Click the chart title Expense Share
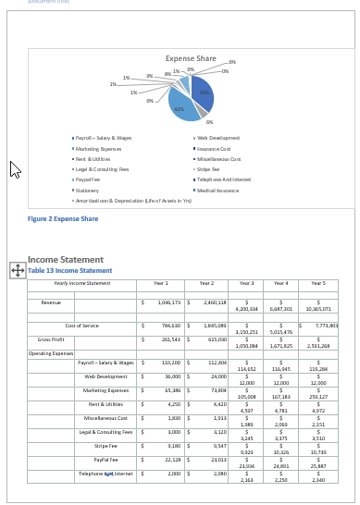click(191, 58)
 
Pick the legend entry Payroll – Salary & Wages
click(104, 137)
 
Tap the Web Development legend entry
click(218, 137)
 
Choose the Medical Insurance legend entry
click(218, 190)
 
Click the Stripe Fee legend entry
click(208, 169)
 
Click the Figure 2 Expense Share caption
click(63, 219)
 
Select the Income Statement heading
click(66, 260)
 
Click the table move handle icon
click(17, 269)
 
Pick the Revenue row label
click(51, 302)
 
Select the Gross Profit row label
click(51, 339)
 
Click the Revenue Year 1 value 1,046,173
click(168, 302)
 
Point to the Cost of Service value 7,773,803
click(327, 326)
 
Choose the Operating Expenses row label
click(51, 353)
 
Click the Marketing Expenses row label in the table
click(105, 390)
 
